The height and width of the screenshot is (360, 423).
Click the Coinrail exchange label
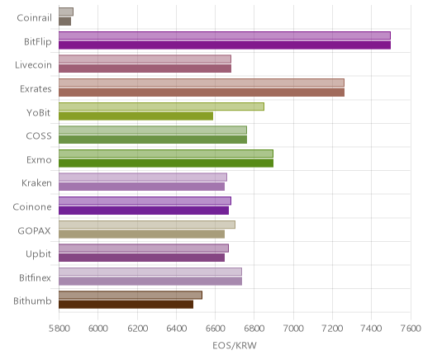34,18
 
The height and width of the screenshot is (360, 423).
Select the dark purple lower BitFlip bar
225,45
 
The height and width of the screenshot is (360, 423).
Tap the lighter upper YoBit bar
161,107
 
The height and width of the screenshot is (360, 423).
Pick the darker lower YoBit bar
135,116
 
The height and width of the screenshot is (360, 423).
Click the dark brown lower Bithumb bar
126,305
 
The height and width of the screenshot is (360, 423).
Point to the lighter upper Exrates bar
202,83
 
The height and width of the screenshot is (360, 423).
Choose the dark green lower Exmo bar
166,163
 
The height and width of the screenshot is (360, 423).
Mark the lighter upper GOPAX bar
147,225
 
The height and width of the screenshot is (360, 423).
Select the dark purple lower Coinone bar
144,211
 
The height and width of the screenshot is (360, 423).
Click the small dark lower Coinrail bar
64,21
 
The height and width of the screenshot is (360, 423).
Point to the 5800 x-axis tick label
59,329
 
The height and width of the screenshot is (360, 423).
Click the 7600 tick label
411,329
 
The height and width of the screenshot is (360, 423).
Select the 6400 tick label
176,329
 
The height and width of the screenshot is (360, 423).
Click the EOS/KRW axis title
235,345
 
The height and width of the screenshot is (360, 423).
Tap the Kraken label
36,183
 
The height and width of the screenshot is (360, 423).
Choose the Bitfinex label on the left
35,277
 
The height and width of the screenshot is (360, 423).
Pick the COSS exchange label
39,136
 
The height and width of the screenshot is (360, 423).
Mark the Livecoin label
33,65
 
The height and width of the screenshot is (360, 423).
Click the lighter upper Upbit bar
144,249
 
